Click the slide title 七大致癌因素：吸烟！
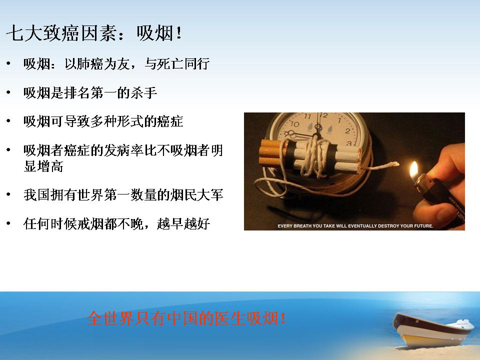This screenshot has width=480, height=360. (94, 33)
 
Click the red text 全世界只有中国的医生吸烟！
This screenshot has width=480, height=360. (186, 318)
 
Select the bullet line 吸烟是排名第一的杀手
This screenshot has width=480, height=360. (90, 93)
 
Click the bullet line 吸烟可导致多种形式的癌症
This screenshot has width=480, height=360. (103, 121)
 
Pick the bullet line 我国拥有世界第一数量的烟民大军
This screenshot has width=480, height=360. (123, 194)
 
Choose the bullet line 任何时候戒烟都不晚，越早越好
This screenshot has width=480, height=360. (116, 224)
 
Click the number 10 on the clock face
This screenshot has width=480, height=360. (294, 123)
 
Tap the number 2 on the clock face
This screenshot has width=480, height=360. (347, 131)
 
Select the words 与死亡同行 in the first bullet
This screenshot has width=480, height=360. (177, 64)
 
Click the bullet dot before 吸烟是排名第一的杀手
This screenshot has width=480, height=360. (8, 92)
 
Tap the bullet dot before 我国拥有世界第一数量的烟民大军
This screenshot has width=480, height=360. (8, 194)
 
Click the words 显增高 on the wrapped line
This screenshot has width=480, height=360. (43, 166)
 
